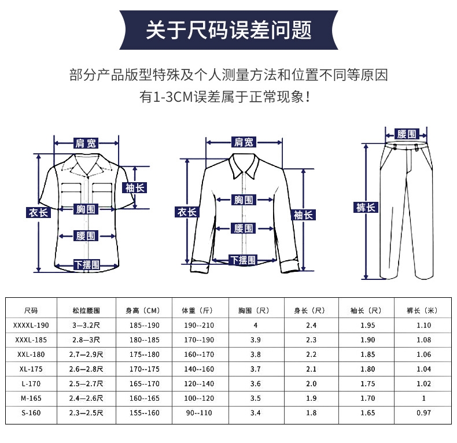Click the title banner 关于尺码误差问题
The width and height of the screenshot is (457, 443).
point(228,29)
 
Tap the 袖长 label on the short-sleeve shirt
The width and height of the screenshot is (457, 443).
point(135,187)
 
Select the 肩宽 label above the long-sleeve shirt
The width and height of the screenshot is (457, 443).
point(244,142)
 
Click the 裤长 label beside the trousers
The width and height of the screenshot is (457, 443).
point(366,208)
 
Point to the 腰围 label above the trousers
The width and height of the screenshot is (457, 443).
point(407,134)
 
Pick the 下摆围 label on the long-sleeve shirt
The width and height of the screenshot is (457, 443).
point(243,260)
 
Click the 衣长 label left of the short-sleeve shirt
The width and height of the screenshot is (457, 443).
point(39,212)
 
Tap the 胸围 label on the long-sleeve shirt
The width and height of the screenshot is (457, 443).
point(244,200)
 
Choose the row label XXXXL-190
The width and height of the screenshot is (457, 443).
point(31,325)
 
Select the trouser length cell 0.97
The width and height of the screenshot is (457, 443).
point(424,413)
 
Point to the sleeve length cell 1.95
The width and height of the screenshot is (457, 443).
point(367,325)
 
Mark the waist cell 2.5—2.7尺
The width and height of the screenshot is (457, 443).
point(86,383)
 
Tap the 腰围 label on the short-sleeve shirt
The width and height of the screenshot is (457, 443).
point(86,235)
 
